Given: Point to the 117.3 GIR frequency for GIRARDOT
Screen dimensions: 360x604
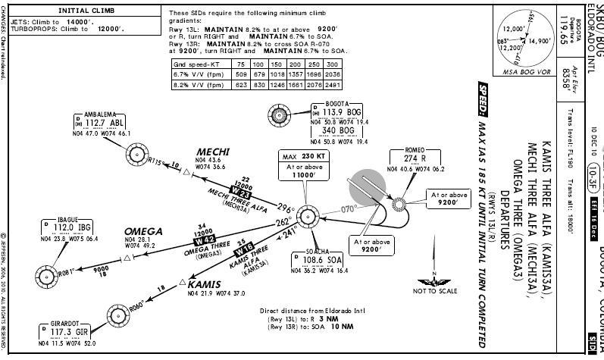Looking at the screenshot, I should [x=64, y=331].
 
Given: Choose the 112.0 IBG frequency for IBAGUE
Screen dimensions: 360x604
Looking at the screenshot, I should [x=71, y=227].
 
